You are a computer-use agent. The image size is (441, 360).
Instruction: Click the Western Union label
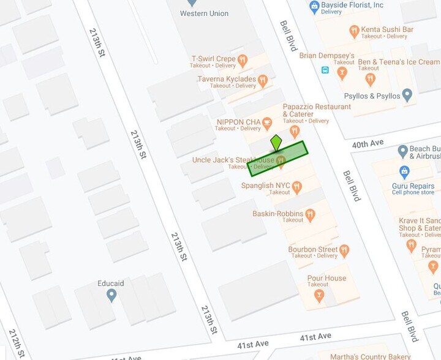click(x=204, y=13)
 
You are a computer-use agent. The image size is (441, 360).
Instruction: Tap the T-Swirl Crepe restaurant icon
click(x=243, y=61)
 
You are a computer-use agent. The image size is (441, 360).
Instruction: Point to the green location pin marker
click(x=276, y=143)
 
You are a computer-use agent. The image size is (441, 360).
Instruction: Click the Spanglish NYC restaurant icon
click(x=297, y=187)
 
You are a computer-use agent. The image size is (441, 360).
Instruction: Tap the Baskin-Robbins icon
click(x=310, y=215)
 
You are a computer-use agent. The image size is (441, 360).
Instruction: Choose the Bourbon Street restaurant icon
click(x=344, y=250)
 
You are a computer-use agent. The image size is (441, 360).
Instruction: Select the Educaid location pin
click(x=111, y=295)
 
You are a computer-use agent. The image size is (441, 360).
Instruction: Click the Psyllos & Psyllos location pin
click(x=407, y=96)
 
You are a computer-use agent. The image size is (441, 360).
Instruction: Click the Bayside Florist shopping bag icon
click(x=314, y=7)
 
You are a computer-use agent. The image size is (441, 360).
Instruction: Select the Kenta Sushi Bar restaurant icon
click(x=353, y=31)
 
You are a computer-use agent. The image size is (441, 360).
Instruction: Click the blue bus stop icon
click(x=325, y=70)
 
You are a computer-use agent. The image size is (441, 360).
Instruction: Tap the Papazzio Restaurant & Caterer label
click(x=317, y=110)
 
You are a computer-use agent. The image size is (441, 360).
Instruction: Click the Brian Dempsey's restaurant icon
click(x=342, y=73)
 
